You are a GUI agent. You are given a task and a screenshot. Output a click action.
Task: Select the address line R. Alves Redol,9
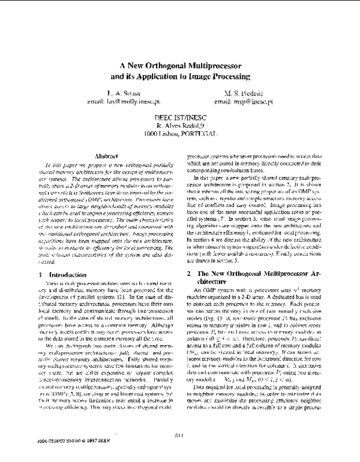(x=180, y=127)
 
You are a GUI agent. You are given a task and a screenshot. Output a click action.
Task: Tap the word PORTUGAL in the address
(x=199, y=135)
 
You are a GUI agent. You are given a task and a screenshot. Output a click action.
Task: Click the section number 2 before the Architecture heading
(x=189, y=257)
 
